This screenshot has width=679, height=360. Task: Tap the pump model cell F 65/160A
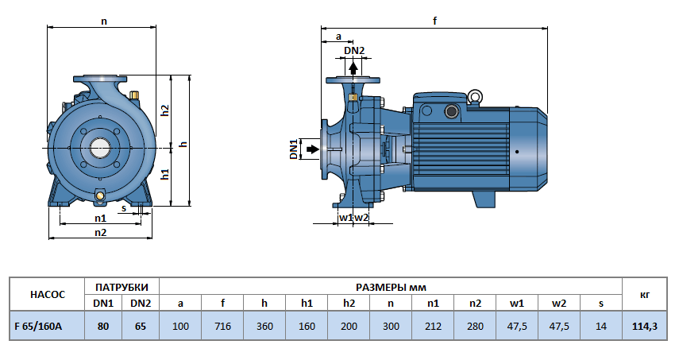click(x=45, y=326)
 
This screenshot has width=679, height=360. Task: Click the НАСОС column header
click(x=45, y=294)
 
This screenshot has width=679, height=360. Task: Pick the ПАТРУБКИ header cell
click(x=122, y=286)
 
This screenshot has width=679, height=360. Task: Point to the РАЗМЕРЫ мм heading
click(x=390, y=286)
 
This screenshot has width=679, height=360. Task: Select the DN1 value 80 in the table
click(x=103, y=326)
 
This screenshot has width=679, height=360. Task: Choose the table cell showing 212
click(x=433, y=326)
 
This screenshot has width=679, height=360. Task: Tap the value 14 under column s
click(x=602, y=326)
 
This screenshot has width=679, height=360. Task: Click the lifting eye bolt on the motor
click(x=475, y=97)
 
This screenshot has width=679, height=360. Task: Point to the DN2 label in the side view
click(x=354, y=51)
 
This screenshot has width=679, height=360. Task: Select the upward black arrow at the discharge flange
click(x=353, y=67)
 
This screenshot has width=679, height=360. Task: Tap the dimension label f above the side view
click(x=435, y=21)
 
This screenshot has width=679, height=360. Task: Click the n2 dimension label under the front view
click(x=101, y=232)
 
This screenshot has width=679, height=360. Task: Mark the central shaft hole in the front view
click(x=101, y=148)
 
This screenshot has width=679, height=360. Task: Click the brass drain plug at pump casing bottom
click(x=101, y=196)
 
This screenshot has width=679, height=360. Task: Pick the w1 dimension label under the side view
click(x=345, y=218)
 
